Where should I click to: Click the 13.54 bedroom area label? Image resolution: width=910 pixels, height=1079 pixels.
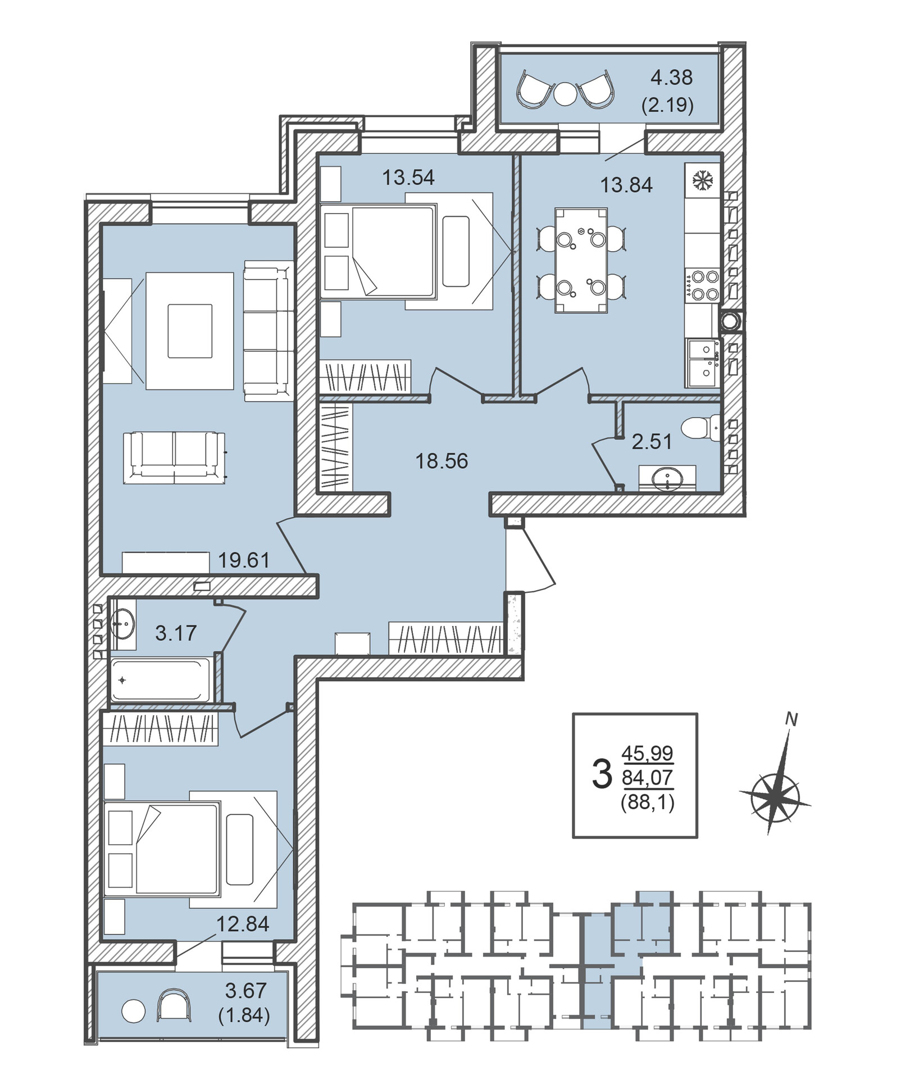click(x=408, y=178)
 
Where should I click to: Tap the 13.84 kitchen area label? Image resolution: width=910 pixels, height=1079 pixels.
click(x=626, y=185)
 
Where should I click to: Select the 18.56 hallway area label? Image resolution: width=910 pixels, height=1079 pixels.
click(x=442, y=461)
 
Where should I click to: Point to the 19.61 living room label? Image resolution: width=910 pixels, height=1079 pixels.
click(x=244, y=560)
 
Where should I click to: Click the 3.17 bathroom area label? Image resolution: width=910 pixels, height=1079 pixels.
click(x=176, y=633)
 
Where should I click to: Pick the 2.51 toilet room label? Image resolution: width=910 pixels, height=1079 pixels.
click(x=652, y=442)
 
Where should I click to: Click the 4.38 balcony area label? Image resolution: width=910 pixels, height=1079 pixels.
click(x=671, y=78)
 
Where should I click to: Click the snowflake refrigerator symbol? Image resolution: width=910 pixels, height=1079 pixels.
click(x=702, y=180)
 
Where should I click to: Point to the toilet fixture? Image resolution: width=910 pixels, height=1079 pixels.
click(x=700, y=428)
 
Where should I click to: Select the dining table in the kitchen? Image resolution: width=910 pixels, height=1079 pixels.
click(x=581, y=260)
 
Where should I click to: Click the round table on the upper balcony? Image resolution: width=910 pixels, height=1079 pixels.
click(x=566, y=94)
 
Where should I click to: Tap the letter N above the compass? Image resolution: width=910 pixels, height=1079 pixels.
click(x=791, y=719)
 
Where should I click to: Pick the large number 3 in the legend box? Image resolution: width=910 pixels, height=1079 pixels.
click(x=602, y=774)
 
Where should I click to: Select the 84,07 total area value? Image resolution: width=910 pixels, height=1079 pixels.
click(x=647, y=777)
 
